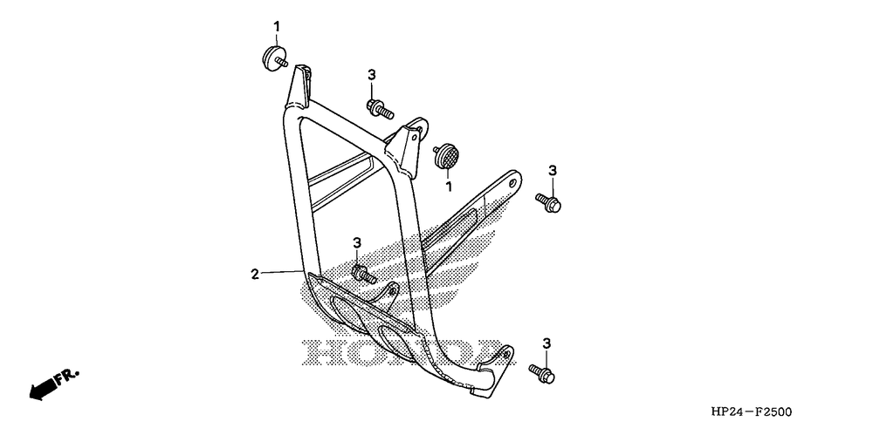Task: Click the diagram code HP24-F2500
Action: (752, 411)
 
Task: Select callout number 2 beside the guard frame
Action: (255, 274)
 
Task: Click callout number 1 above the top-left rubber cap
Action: (278, 25)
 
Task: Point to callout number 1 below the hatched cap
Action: (449, 186)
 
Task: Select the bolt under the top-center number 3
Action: (381, 110)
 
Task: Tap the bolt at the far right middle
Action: (550, 201)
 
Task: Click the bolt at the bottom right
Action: (542, 373)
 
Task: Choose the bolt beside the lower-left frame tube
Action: (362, 274)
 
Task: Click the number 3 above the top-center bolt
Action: (371, 76)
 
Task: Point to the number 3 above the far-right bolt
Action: (552, 169)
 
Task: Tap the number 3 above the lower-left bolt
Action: (357, 241)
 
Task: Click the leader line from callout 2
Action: (284, 274)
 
